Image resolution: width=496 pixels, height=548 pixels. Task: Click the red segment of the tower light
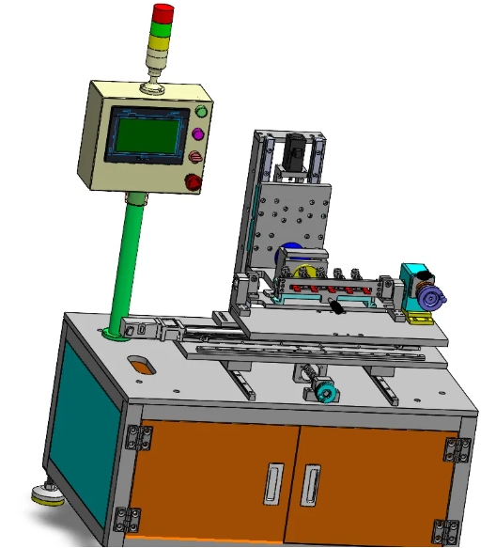163,12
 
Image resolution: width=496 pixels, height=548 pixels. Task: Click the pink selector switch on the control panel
196,157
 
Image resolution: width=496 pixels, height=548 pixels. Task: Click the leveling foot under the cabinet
45,492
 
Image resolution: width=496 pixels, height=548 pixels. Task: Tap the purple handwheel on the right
433,300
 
